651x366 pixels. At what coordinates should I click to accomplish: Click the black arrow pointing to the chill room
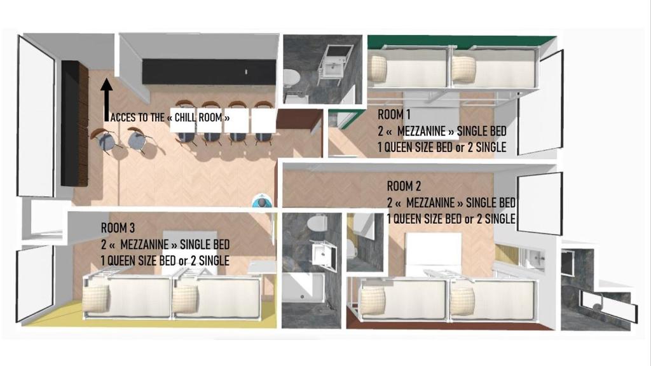[x=107, y=100]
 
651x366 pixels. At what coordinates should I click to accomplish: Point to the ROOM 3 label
[x=118, y=228]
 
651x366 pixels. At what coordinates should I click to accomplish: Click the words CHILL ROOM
[x=198, y=118]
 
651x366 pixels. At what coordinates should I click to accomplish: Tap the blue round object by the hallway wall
[x=261, y=203]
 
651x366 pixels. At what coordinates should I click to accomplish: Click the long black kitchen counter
[x=209, y=72]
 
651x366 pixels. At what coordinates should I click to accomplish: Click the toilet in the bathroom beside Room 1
[x=291, y=78]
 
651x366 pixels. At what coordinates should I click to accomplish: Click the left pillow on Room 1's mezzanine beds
[x=378, y=69]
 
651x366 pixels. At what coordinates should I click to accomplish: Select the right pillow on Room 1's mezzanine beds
[x=463, y=69]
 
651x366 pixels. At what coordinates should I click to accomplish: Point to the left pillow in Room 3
[x=96, y=299]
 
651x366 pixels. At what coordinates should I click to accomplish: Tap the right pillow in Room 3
[x=185, y=299]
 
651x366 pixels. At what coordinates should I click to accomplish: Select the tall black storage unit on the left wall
[x=75, y=123]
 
